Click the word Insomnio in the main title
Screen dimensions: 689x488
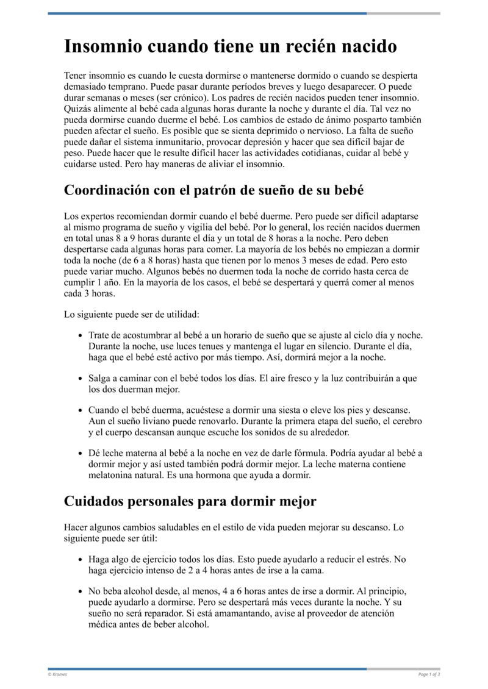click(x=100, y=46)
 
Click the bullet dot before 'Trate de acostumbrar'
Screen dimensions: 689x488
click(x=81, y=336)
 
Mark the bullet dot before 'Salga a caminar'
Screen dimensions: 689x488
click(x=81, y=379)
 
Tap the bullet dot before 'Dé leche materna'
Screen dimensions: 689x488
click(x=81, y=453)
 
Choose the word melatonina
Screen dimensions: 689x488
click(x=114, y=475)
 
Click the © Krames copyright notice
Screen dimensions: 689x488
click(x=58, y=674)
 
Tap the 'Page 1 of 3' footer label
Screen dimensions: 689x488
click(x=429, y=674)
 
